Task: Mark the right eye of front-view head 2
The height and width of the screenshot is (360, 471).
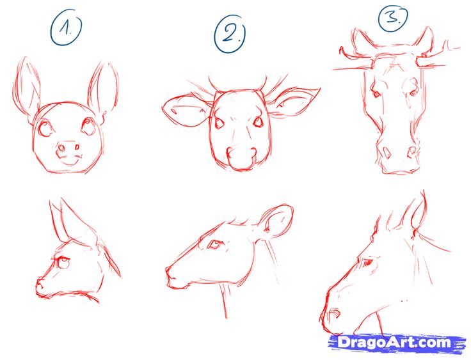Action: (258, 121)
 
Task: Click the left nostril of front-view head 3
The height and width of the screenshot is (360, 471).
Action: (384, 152)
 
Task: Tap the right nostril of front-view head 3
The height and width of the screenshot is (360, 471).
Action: (411, 152)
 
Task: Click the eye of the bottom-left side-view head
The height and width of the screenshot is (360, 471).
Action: (63, 260)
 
